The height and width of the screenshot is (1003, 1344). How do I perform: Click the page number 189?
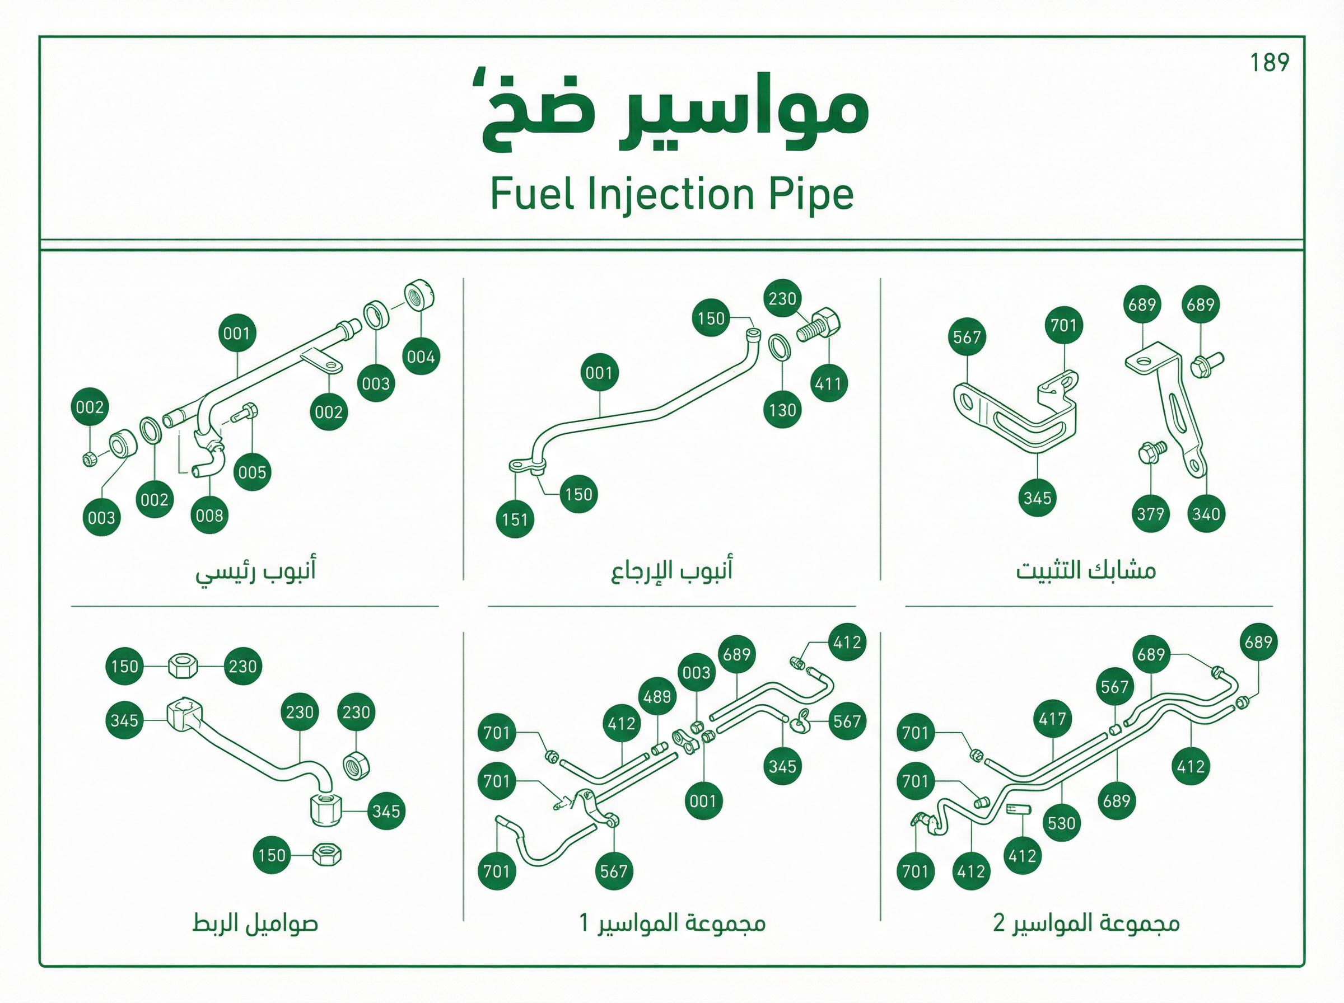pyautogui.click(x=1270, y=62)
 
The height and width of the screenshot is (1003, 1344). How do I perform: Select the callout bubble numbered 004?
pyautogui.click(x=421, y=357)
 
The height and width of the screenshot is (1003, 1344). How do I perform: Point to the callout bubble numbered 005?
pyautogui.click(x=252, y=472)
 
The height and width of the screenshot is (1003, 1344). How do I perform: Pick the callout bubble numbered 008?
pyautogui.click(x=209, y=515)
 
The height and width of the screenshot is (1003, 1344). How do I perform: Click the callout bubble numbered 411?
pyautogui.click(x=828, y=384)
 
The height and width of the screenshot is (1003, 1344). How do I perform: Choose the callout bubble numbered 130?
pyautogui.click(x=782, y=410)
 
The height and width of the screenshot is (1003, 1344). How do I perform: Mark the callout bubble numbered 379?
pyautogui.click(x=1150, y=514)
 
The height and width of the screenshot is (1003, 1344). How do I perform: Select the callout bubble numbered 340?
pyautogui.click(x=1206, y=514)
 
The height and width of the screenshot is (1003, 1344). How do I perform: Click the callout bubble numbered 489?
pyautogui.click(x=657, y=696)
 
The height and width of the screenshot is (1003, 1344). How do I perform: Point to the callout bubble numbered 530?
pyautogui.click(x=1062, y=823)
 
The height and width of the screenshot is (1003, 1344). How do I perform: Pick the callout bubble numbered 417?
pyautogui.click(x=1052, y=719)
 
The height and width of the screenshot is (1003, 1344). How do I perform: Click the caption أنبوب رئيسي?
pyautogui.click(x=256, y=571)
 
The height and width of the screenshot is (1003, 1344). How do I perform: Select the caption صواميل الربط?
pyautogui.click(x=255, y=924)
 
